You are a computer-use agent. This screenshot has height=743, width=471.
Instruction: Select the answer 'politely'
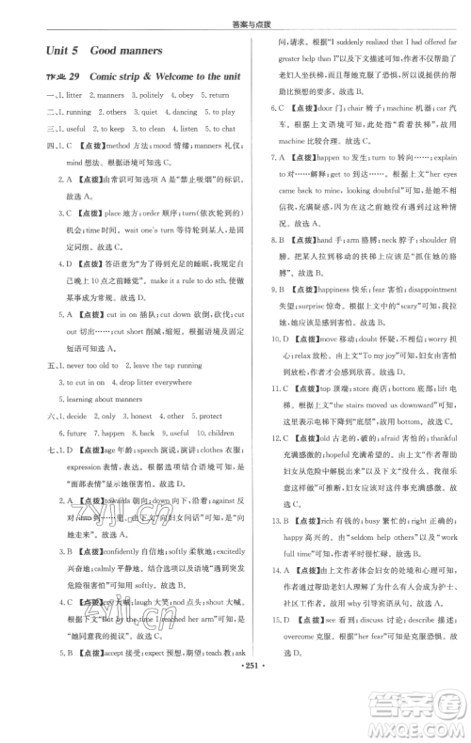click(x=153, y=95)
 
